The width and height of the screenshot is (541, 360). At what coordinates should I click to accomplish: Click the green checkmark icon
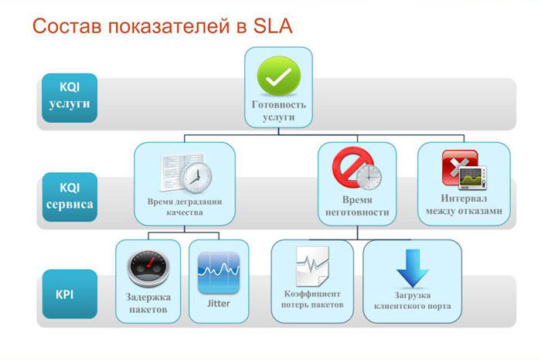279,76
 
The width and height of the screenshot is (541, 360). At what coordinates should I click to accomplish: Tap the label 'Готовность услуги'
279,110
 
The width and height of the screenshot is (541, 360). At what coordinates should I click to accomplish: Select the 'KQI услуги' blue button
68,96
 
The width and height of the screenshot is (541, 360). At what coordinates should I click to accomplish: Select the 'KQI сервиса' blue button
68,195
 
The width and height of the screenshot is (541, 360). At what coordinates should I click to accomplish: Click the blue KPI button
68,295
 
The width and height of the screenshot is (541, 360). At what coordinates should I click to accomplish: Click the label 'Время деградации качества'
185,207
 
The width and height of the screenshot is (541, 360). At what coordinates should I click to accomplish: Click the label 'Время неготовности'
352,206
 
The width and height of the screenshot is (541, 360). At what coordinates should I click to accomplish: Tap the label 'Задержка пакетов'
148,304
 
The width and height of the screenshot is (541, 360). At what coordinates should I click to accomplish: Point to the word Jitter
219,303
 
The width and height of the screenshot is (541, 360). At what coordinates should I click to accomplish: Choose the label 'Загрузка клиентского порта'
412,301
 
